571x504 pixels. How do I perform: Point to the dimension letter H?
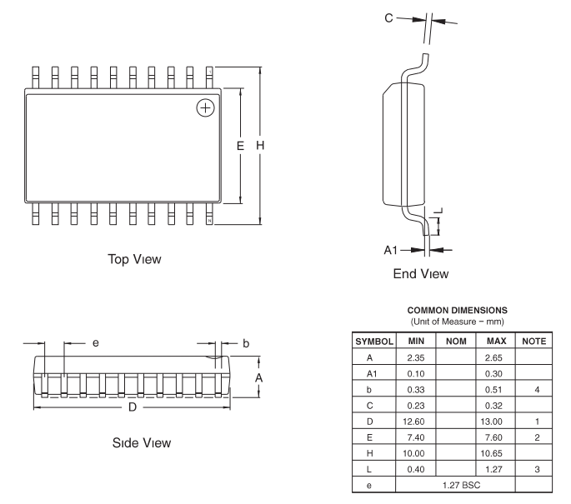[x=260, y=146]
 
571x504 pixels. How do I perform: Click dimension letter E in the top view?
[x=240, y=146]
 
